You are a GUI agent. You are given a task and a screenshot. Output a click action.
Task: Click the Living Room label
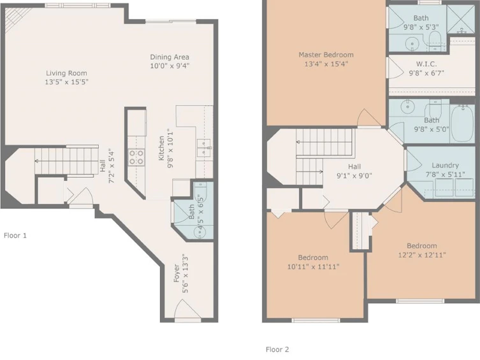click(x=66, y=73)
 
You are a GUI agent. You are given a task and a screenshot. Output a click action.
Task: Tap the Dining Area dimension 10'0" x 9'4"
click(x=170, y=66)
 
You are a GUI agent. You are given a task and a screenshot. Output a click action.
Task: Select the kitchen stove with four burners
click(x=136, y=157)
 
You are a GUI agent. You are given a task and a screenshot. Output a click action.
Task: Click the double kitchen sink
click(x=204, y=148)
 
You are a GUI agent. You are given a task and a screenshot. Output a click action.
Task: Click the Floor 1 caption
click(x=15, y=236)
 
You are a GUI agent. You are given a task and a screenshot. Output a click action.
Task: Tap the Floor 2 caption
click(x=277, y=349)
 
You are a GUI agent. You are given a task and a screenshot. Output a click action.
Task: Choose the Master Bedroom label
click(x=326, y=55)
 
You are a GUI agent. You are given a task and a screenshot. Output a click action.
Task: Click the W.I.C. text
click(x=426, y=64)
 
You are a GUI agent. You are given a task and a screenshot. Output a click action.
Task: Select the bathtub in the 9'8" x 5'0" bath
click(x=463, y=123)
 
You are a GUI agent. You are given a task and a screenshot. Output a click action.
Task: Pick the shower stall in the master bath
click(x=461, y=19)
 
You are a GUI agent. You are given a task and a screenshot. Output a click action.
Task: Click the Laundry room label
click(x=445, y=165)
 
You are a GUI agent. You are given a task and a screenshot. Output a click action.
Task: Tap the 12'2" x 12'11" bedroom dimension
click(x=422, y=255)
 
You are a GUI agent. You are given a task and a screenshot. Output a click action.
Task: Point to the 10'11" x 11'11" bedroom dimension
click(x=313, y=267)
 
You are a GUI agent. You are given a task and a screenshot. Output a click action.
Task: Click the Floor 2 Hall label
click(x=354, y=167)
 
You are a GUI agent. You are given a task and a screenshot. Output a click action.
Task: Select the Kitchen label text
click(x=161, y=148)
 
